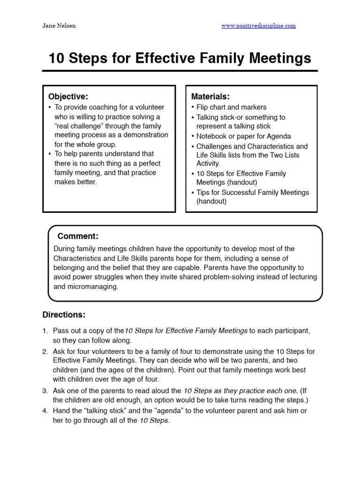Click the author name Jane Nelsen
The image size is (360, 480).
point(59,26)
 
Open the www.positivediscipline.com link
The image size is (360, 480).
point(258,26)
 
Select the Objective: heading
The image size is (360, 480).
point(68,97)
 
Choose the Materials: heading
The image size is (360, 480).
point(210,97)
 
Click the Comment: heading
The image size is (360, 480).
point(78,236)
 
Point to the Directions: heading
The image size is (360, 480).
point(64,315)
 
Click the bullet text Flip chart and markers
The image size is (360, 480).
point(231,107)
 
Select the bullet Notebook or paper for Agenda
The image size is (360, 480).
point(243,136)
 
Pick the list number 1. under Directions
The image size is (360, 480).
point(45,331)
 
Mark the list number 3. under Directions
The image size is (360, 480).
point(45,390)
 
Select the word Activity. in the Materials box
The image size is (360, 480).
point(208,164)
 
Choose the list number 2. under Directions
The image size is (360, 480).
point(45,352)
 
